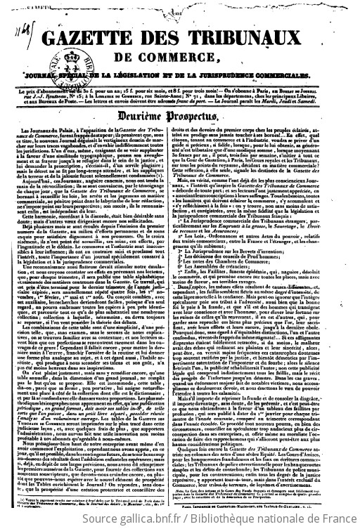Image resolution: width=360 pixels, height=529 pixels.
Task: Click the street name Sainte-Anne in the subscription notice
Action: click(216, 92)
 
